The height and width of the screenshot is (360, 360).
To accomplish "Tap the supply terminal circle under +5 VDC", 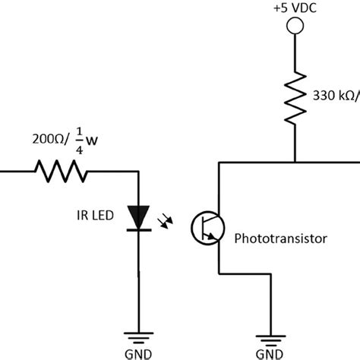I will pyautogui.click(x=295, y=27).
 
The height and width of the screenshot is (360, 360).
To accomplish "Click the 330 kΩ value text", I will pyautogui.click(x=333, y=96).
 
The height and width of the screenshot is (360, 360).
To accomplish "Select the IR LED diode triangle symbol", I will pyautogui.click(x=137, y=216).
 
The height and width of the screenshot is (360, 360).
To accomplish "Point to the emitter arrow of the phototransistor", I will pyautogui.click(x=213, y=238).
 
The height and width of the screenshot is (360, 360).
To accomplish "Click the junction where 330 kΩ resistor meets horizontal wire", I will pyautogui.click(x=295, y=162).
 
